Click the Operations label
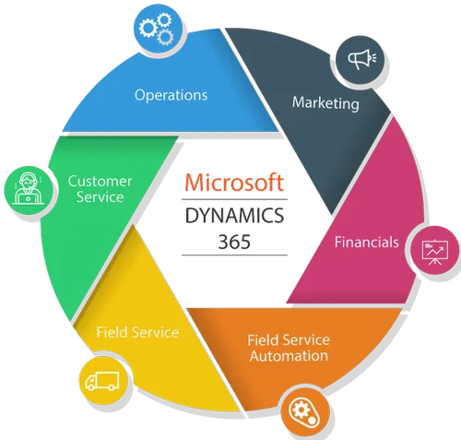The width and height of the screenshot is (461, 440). coord(171,96)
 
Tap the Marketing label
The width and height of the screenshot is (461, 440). coord(325,103)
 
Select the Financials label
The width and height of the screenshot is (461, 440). coord(367,243)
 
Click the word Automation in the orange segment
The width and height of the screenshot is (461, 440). coord(289,356)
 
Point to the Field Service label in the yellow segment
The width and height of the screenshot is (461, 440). coord(137,332)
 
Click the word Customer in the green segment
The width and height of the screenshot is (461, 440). coord(100,181)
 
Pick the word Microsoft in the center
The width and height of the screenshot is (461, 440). coord(234,183)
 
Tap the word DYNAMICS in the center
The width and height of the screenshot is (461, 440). coord(234,215)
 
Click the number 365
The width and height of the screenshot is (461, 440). coord(234,242)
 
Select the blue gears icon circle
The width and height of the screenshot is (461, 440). coord(158,29)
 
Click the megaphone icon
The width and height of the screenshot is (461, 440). coord(361,59)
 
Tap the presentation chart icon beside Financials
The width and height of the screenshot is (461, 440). coord(435,252)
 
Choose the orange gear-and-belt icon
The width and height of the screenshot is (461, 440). coord(304,411)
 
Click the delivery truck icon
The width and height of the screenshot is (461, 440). coord(102,381)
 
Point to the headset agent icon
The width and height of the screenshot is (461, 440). coord(28,188)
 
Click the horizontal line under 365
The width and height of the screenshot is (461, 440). coord(234,256)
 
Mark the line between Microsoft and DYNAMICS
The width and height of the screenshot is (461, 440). coord(234,199)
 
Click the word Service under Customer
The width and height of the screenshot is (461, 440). coord(100,196)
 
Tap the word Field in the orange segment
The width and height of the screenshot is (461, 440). coord(261,340)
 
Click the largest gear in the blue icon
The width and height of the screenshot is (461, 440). coord(148,28)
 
